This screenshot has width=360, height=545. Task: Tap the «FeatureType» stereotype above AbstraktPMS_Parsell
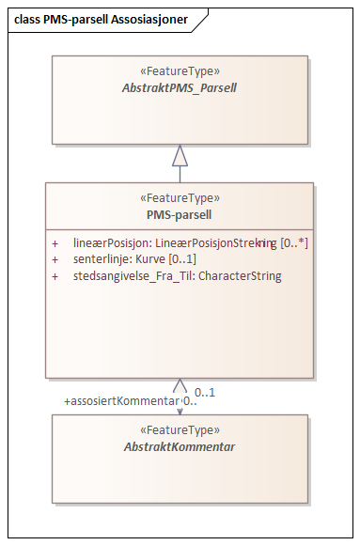(180, 70)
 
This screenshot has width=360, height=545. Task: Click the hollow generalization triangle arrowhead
(180, 155)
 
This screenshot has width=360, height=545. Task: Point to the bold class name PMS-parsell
(180, 213)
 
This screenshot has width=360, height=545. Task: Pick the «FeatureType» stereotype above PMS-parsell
(180, 198)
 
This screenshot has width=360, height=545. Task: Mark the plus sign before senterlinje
(55, 259)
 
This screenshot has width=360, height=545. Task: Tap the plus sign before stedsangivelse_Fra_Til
(55, 276)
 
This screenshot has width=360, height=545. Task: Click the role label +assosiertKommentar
(120, 401)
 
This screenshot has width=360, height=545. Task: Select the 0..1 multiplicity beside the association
(205, 392)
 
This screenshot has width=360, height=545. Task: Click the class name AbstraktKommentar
(180, 446)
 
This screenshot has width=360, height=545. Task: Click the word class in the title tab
(26, 18)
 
